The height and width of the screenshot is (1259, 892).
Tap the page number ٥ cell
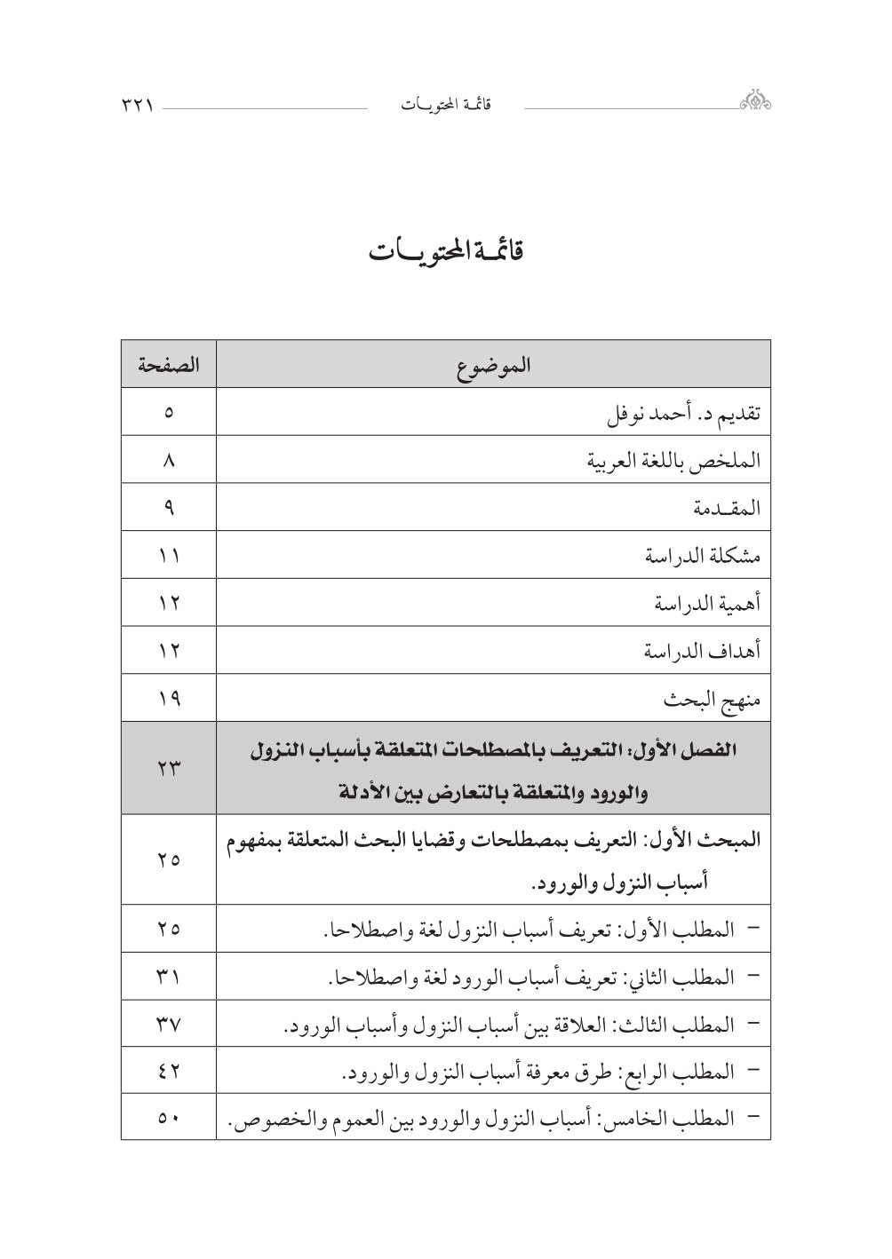[x=169, y=413]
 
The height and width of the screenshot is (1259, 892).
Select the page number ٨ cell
[x=169, y=461]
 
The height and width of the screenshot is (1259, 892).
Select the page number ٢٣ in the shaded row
[x=169, y=769]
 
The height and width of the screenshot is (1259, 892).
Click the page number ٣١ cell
[x=169, y=978]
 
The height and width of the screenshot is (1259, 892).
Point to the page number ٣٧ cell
[x=169, y=1025]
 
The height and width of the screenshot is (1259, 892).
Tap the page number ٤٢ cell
[x=169, y=1073]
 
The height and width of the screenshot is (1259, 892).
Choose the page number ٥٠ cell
[x=169, y=1120]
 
